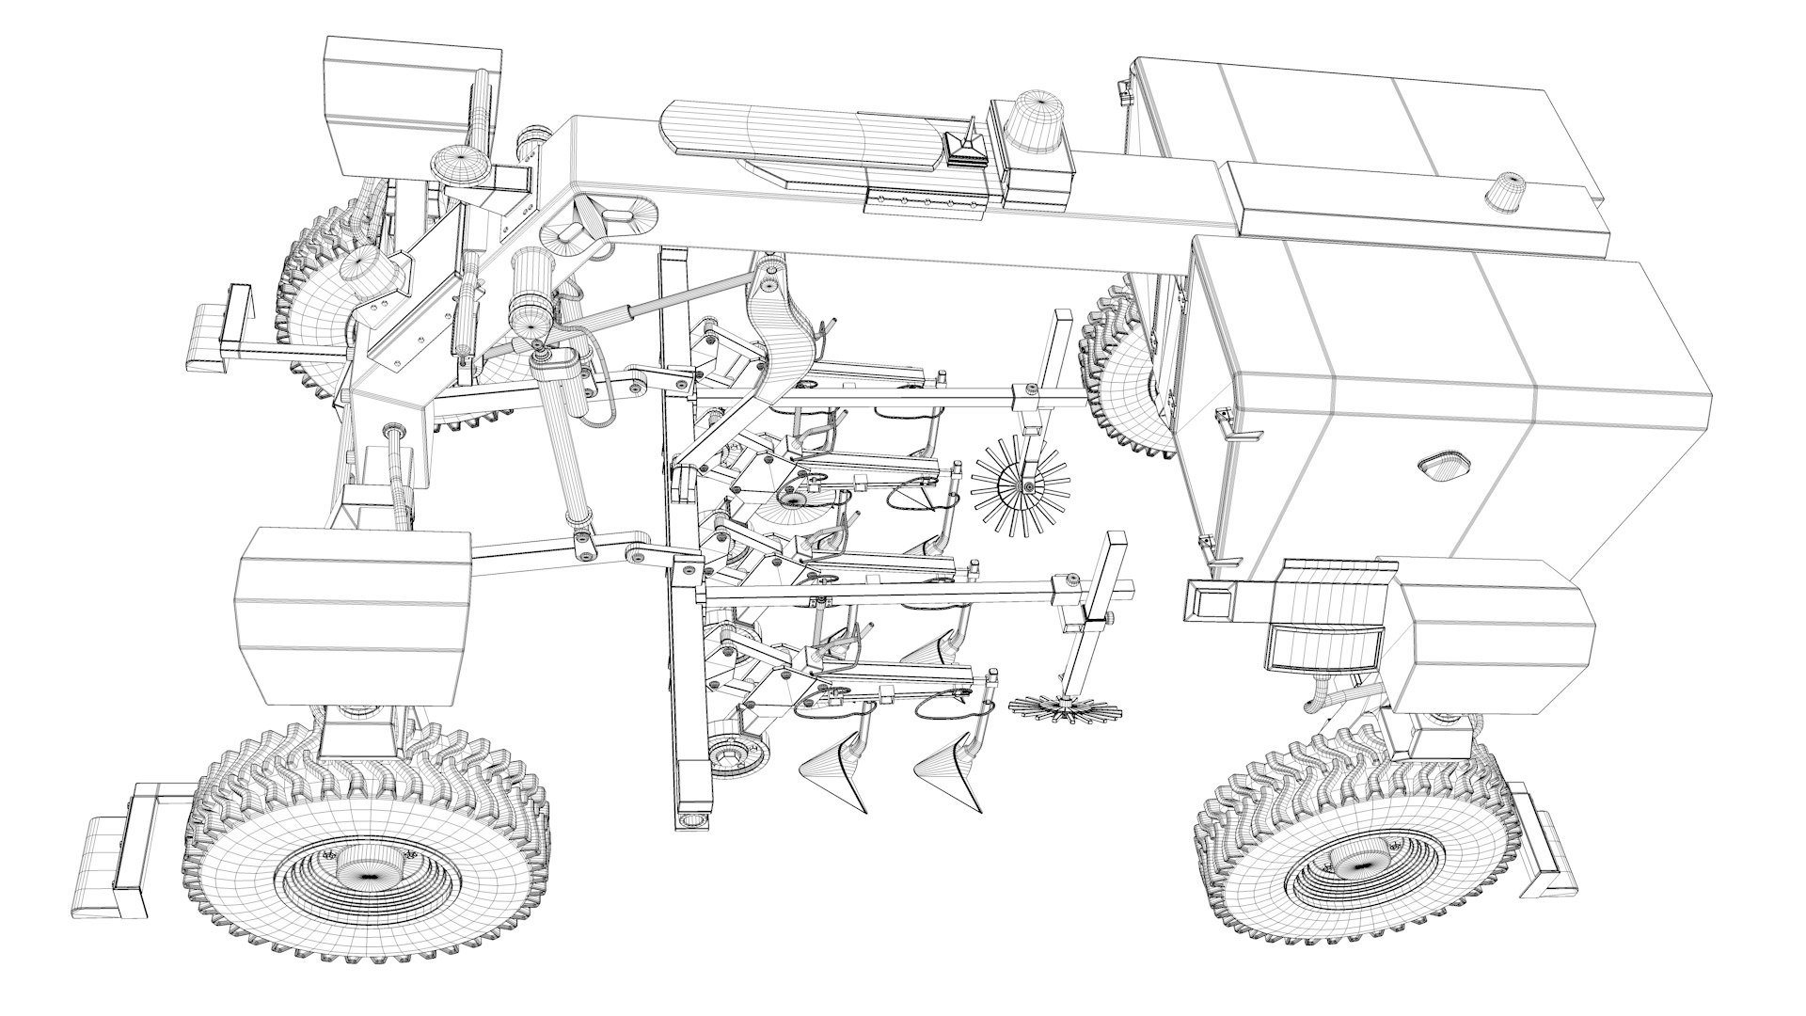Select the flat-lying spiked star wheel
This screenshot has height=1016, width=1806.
click(1060, 707)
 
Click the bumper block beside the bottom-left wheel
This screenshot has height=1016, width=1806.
click(111, 863)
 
